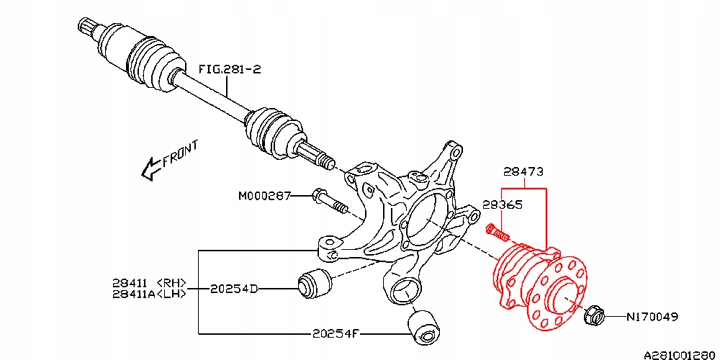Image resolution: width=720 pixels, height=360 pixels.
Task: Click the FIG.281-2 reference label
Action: (x=230, y=69)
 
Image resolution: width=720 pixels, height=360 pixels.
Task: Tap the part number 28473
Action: (x=523, y=171)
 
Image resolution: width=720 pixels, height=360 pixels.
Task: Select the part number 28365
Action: (x=502, y=204)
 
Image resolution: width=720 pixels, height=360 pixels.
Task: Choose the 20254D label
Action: (x=233, y=289)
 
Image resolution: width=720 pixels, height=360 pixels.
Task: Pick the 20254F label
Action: (x=336, y=333)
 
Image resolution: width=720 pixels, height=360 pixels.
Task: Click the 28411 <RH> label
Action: (x=149, y=282)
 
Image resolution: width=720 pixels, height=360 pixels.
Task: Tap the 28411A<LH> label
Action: (x=149, y=294)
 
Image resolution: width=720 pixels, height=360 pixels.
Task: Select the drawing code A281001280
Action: (x=680, y=354)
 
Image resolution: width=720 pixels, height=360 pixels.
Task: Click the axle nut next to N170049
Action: (x=592, y=315)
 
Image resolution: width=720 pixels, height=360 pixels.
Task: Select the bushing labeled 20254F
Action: (x=423, y=328)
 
